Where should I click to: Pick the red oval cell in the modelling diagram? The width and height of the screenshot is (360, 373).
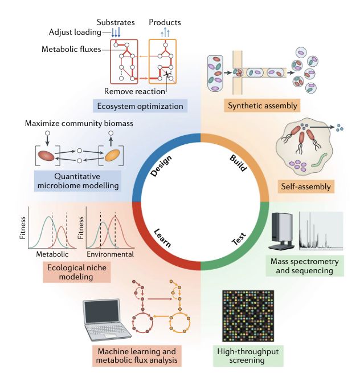(x=46, y=156)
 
